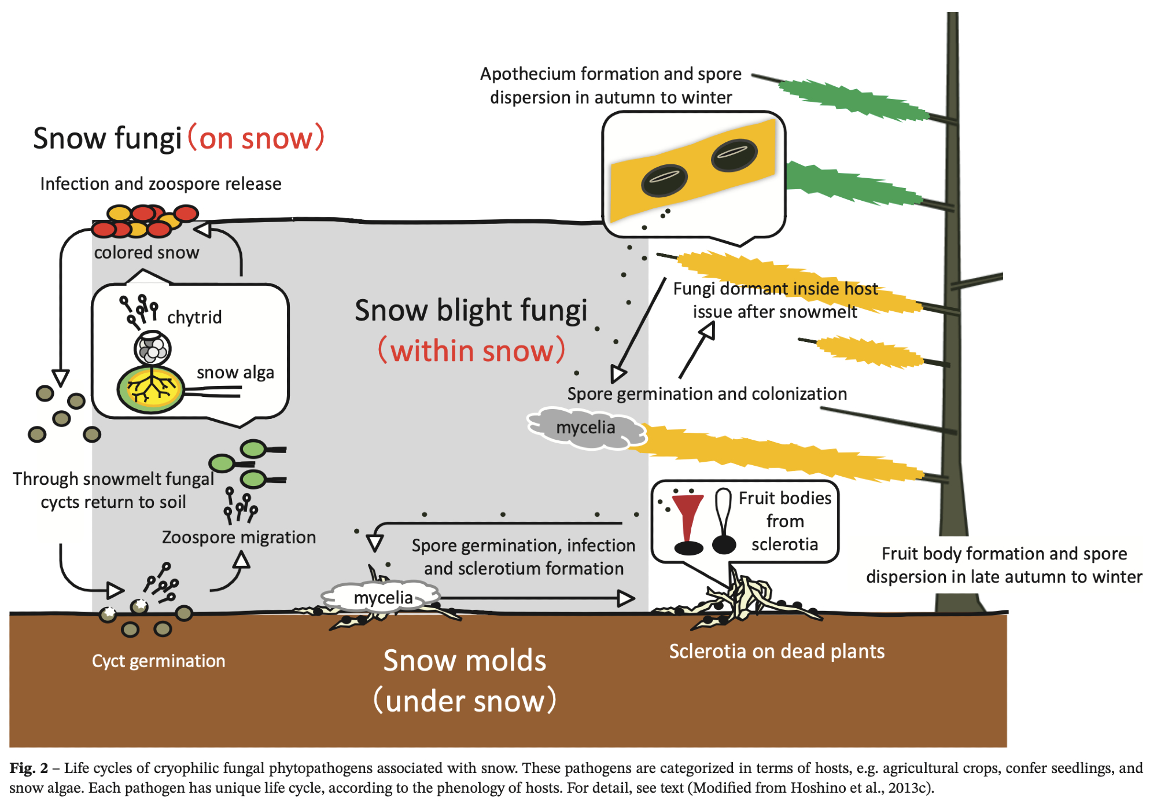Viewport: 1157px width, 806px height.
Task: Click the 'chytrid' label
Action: coord(194,317)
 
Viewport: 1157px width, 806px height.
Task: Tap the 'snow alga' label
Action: coord(235,372)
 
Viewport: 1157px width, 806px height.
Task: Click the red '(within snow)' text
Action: coord(471,351)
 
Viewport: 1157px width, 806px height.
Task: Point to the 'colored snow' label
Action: coord(146,253)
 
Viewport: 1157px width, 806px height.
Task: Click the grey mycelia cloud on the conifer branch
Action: coord(585,428)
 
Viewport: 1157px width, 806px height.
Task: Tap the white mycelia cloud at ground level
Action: coord(382,598)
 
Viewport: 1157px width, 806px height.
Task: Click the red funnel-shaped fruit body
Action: coord(688,515)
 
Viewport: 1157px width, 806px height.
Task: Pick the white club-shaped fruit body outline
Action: coord(723,509)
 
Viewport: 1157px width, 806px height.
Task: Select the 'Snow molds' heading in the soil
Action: coord(465,661)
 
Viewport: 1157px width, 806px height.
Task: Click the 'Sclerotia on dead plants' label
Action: coord(776,652)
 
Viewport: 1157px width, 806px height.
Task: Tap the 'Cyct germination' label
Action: coord(159,661)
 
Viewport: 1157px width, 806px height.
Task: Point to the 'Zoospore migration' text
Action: coord(238,538)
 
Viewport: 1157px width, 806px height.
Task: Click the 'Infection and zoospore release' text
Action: coord(161,184)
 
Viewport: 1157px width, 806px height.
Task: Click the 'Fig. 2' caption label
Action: coord(28,768)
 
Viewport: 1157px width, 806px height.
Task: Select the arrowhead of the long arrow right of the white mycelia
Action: coord(625,598)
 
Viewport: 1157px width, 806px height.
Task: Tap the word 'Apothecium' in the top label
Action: coord(528,74)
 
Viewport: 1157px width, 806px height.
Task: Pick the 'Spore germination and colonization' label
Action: coord(707,394)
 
